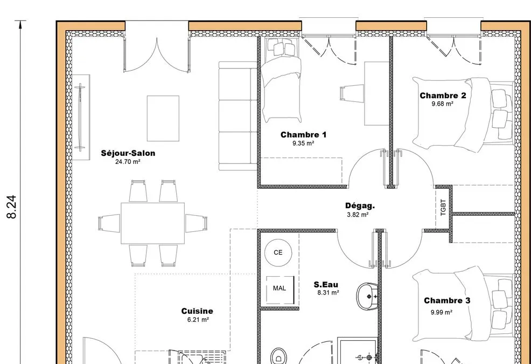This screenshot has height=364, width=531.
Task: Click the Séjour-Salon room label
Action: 128,153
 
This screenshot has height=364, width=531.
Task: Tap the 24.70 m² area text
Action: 128,162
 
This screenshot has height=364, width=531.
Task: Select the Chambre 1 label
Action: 303,135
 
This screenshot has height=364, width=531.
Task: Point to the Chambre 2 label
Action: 443,95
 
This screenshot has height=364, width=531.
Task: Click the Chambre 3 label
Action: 447,300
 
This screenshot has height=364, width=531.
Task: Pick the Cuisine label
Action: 197,311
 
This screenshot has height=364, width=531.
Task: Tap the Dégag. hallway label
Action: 360,205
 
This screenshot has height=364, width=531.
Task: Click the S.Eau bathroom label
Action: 326,284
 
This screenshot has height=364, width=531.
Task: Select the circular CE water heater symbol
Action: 278,252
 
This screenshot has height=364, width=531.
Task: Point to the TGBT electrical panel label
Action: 443,207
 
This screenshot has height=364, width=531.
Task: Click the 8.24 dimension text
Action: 12,207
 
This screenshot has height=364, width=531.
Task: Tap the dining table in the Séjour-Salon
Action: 153,223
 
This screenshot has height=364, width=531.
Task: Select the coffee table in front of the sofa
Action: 163,119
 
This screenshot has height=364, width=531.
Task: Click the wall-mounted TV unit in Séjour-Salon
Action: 81,117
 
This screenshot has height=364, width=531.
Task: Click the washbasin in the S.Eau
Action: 367,297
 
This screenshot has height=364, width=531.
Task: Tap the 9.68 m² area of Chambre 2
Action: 442,104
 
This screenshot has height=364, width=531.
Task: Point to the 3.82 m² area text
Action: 358,215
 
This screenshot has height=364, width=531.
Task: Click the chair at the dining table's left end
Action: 109,223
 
